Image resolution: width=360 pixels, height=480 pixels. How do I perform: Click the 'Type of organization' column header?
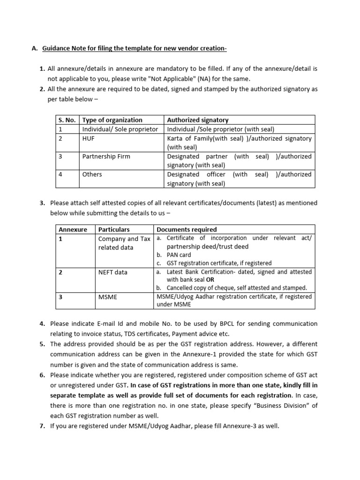click(x=112, y=120)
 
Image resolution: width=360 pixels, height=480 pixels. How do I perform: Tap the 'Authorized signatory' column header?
click(x=198, y=120)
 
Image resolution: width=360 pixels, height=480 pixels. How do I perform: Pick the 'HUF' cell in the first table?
click(x=89, y=138)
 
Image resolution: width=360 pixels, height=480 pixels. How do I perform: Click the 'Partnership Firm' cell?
click(x=106, y=156)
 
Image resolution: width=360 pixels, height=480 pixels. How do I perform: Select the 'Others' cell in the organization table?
click(x=92, y=174)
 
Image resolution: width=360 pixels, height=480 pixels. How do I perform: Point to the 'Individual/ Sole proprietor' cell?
click(x=120, y=129)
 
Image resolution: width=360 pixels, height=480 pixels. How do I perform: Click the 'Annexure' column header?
click(x=73, y=229)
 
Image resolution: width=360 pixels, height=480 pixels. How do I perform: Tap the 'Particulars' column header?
click(x=114, y=229)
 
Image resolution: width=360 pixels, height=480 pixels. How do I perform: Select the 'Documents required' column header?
click(x=187, y=229)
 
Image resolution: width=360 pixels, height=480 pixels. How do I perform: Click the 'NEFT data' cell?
click(x=112, y=272)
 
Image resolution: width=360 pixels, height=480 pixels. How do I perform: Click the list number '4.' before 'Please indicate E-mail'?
click(x=42, y=323)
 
